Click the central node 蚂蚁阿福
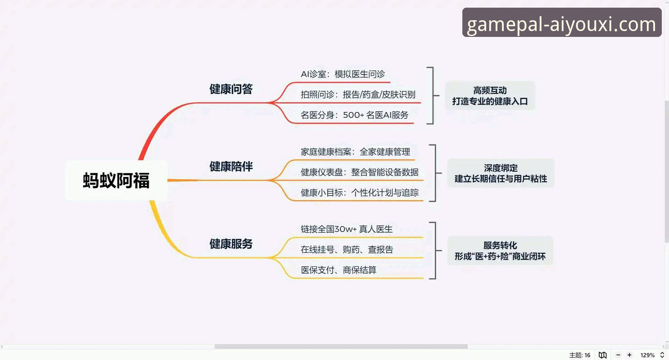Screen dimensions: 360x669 (x=116, y=180)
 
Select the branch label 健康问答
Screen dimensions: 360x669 (x=231, y=89)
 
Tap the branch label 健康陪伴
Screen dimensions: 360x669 (x=231, y=166)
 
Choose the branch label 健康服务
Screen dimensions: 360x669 (x=231, y=244)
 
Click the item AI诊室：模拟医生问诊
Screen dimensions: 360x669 (x=343, y=74)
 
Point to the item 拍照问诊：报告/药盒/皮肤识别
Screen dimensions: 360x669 (x=358, y=94)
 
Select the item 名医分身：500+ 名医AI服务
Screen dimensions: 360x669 (x=354, y=115)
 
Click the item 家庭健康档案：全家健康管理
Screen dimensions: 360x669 (x=355, y=152)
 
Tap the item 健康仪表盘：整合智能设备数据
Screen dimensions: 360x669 (x=359, y=172)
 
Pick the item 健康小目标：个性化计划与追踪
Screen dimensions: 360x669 (x=359, y=193)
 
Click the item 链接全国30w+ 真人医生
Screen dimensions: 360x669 (x=347, y=229)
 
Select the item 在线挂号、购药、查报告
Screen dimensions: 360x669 (x=347, y=250)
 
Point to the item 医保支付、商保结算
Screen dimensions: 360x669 (x=339, y=270)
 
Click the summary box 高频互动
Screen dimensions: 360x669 (x=490, y=96)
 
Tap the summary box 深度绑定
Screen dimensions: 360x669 (x=501, y=173)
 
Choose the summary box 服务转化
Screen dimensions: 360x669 (x=500, y=251)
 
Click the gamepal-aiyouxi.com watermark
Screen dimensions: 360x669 (x=561, y=23)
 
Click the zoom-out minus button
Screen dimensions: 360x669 (x=618, y=355)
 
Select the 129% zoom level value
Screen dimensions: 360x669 (x=647, y=355)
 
